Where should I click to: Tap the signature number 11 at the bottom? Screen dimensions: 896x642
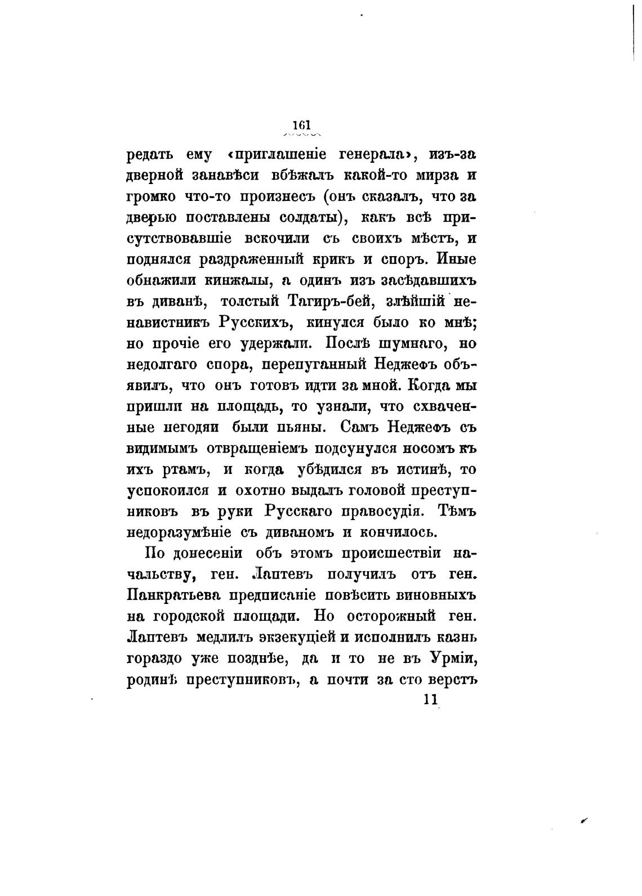point(430,700)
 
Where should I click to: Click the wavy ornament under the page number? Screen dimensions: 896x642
point(302,135)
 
